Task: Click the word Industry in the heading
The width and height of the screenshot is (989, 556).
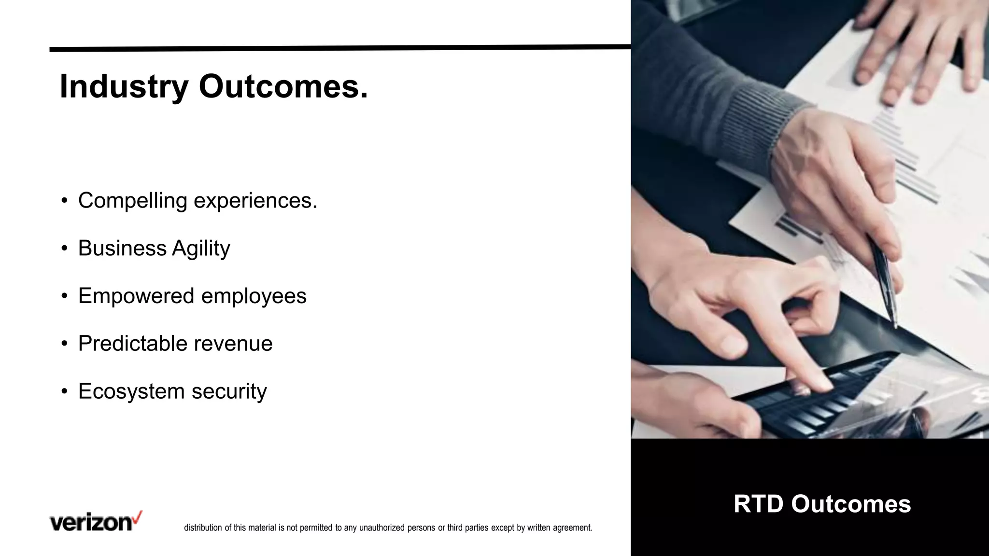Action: tap(124, 87)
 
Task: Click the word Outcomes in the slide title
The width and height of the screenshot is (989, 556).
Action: tap(283, 87)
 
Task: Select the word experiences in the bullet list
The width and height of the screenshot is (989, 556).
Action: tap(255, 201)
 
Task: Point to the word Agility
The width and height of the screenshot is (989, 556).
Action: tap(201, 249)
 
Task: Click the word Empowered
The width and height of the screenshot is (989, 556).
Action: tap(136, 296)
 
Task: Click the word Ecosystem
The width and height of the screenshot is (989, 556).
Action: tap(131, 391)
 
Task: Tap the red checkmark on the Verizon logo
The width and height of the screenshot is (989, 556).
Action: tap(138, 517)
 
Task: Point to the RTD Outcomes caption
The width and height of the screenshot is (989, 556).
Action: tap(822, 504)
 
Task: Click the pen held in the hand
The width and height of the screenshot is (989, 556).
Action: tap(885, 280)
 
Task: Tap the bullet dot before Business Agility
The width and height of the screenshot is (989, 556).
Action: tap(64, 249)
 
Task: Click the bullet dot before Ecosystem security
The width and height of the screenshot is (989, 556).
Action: tap(64, 391)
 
